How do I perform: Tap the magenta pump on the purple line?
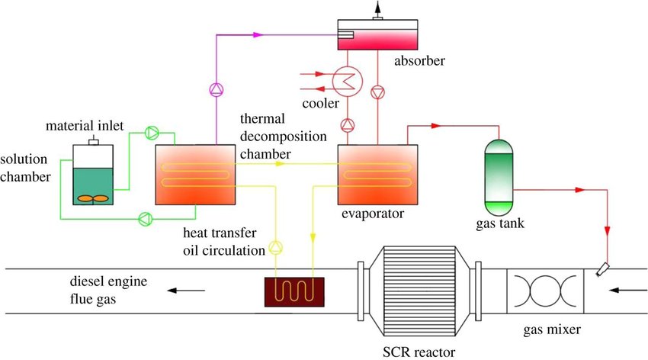216,88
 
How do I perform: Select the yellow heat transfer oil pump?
276,248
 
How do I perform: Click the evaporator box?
376,175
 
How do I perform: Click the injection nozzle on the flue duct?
604,269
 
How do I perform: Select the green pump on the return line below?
145,220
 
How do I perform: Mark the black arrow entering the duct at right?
628,290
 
